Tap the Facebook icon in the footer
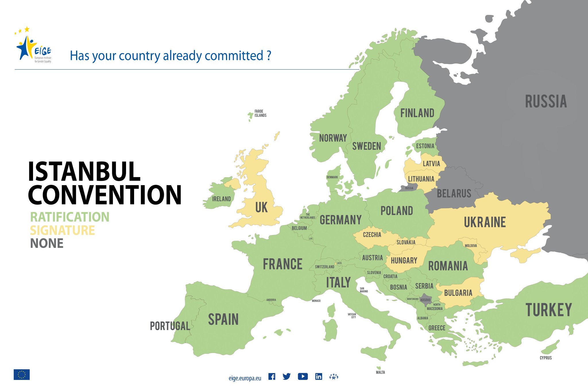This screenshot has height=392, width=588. [x=272, y=377]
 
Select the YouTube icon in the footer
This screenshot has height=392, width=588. [x=303, y=377]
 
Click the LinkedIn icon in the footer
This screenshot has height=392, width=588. [x=319, y=377]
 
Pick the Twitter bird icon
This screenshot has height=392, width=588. [x=287, y=377]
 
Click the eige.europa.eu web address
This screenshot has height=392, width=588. [x=245, y=378]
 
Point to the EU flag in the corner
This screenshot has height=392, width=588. [x=22, y=374]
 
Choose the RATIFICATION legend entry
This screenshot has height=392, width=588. [x=70, y=217]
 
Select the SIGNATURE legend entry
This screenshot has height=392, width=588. [x=62, y=230]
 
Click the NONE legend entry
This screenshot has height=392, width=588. [x=47, y=243]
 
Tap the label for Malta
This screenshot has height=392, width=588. [x=380, y=372]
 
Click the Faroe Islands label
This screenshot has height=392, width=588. [x=260, y=113]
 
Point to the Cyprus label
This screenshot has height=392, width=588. [x=546, y=358]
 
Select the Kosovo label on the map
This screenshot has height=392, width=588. [x=425, y=300]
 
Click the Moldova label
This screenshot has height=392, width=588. [x=471, y=246]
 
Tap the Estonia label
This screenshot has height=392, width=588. [x=425, y=146]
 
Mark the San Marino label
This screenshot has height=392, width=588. [x=364, y=290]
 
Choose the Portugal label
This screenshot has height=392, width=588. [x=170, y=326]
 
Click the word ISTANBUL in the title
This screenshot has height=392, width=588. [x=84, y=172]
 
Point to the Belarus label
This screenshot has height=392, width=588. [x=454, y=193]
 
